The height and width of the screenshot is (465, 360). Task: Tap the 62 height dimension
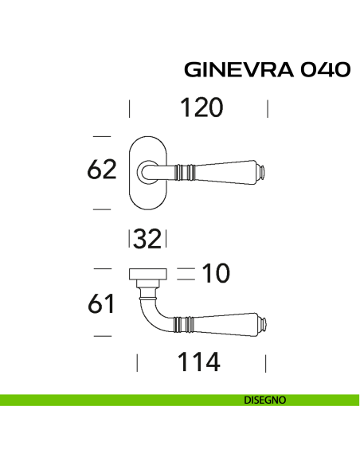click(101, 170)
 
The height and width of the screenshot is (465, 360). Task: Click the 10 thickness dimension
click(214, 274)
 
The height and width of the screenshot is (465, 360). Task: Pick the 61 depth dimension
click(101, 303)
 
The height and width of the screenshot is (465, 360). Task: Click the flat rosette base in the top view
click(147, 274)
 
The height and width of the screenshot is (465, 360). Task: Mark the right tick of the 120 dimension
click(268, 107)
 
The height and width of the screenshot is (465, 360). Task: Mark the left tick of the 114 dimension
click(137, 363)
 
